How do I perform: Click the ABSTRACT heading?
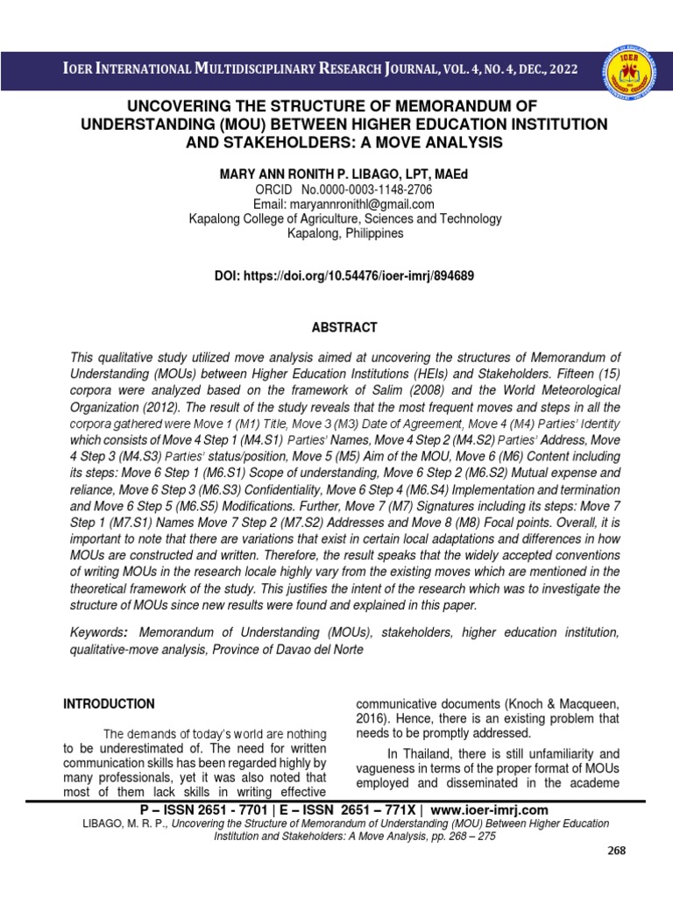click(345, 327)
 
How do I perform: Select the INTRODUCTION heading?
click(109, 703)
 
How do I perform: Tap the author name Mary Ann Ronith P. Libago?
click(344, 175)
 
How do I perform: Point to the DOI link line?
click(345, 275)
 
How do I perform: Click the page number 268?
click(617, 851)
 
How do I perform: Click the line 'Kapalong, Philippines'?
click(345, 233)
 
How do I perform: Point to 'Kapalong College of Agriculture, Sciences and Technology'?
click(345, 218)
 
